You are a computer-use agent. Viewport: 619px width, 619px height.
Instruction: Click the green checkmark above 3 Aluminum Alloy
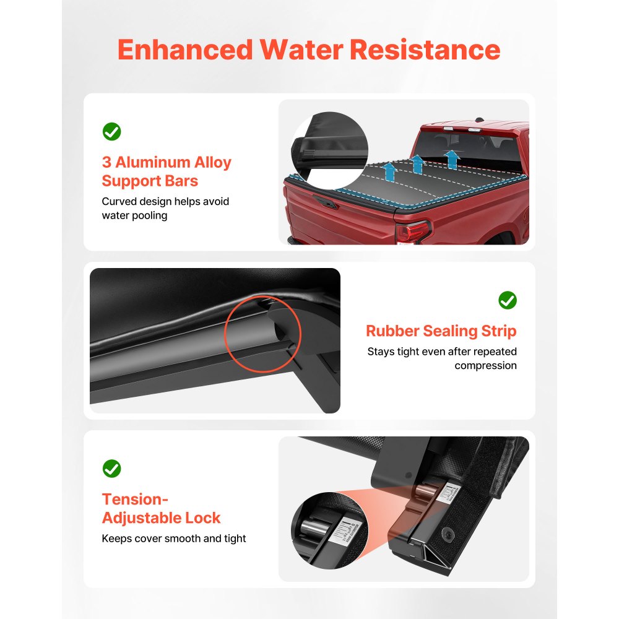(111, 131)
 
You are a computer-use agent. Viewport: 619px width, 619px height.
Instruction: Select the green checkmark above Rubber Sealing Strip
(508, 300)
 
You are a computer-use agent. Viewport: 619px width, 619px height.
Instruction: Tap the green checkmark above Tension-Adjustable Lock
(111, 469)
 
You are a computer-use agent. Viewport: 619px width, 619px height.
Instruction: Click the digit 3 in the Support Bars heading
(106, 163)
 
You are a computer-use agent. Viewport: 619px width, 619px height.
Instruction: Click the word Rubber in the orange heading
(394, 331)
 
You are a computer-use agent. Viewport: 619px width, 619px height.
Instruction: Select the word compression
(485, 365)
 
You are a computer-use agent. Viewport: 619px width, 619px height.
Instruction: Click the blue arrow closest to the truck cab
(452, 158)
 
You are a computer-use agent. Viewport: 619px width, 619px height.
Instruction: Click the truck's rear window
(470, 146)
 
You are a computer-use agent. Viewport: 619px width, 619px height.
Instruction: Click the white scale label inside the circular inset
(342, 534)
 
